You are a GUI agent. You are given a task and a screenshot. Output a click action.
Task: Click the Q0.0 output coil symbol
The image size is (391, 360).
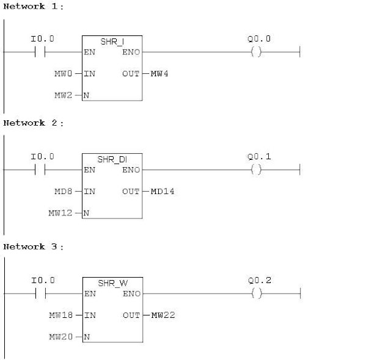[x=256, y=52]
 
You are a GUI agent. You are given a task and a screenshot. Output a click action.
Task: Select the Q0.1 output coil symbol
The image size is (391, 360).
[x=256, y=170]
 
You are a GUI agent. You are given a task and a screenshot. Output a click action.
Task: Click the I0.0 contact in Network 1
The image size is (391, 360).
[x=42, y=52]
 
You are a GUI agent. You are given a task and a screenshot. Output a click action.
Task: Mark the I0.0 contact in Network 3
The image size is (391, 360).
[x=42, y=294]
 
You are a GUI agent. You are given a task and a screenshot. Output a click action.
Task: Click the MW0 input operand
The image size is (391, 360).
[x=64, y=74]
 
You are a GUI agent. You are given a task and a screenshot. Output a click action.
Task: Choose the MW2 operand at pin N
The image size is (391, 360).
[x=64, y=95]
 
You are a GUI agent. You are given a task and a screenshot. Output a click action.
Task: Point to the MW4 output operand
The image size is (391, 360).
[x=159, y=74]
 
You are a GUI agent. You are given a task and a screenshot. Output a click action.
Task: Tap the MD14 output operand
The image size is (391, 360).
[x=162, y=192]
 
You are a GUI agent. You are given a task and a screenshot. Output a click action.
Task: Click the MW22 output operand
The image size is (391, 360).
[x=162, y=315]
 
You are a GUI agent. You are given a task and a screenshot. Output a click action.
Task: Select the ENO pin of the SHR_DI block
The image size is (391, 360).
[x=131, y=170]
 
